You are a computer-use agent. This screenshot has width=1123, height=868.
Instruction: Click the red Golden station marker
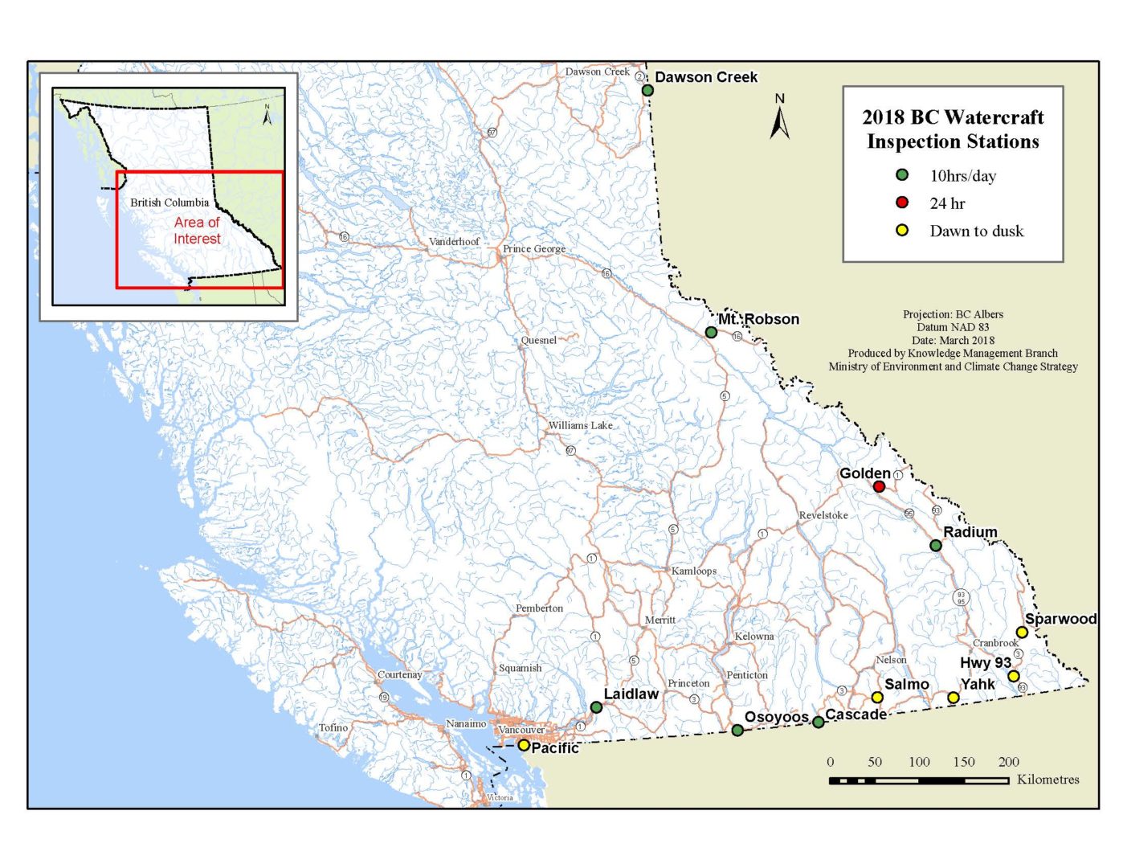[879, 486]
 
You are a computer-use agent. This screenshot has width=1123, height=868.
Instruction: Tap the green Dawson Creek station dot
[647, 90]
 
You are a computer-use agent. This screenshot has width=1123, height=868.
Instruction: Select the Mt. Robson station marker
[711, 332]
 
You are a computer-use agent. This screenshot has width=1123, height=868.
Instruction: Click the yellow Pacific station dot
[524, 745]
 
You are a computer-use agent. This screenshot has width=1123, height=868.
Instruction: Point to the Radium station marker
[936, 545]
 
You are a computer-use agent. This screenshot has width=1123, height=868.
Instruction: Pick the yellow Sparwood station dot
[1022, 633]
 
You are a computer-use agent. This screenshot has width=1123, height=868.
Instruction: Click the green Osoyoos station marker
[737, 730]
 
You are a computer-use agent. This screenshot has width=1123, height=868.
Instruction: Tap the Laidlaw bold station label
[631, 694]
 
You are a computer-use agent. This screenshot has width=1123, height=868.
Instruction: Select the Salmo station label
[906, 684]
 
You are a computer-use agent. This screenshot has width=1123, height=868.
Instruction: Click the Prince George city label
[533, 248]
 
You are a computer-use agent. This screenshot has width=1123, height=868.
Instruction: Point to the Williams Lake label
[580, 425]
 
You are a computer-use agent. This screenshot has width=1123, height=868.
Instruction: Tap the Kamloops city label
[694, 571]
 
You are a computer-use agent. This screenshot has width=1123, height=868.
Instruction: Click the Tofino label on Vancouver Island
[333, 727]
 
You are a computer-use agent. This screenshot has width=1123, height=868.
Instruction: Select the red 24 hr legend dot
[902, 203]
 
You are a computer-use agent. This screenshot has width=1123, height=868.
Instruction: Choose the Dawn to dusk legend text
[976, 231]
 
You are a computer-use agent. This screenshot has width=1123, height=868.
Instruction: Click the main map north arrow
[779, 117]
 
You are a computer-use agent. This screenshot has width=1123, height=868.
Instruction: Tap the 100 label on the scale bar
[919, 762]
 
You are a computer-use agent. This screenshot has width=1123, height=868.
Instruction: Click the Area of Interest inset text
[197, 231]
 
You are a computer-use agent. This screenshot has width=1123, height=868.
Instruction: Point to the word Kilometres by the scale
[1047, 780]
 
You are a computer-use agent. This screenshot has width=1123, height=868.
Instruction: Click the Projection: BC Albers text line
[953, 314]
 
